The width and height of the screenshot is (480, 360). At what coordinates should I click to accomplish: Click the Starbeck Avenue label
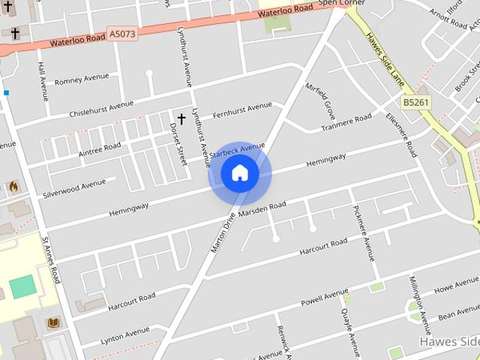(x=238, y=149)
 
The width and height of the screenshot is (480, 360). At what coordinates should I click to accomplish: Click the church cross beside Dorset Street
(x=181, y=118)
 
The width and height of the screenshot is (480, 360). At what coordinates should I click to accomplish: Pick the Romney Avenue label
(x=82, y=79)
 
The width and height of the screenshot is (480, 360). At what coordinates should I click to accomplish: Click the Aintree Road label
(x=99, y=148)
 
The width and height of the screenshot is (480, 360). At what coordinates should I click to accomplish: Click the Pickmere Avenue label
(x=363, y=233)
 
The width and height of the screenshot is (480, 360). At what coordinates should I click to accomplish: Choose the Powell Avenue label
(x=324, y=298)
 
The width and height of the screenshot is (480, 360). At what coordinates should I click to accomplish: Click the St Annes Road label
(x=51, y=261)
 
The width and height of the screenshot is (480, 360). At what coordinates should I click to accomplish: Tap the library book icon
(x=53, y=323)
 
